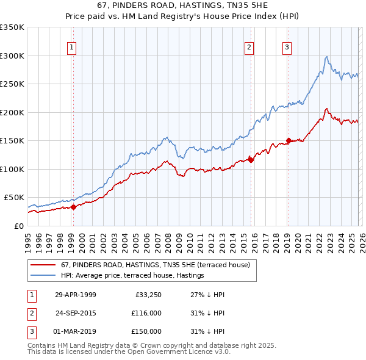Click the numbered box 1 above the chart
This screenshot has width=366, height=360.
[x=72, y=48]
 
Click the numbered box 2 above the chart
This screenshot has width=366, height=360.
[x=250, y=48]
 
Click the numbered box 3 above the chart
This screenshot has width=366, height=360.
[x=287, y=48]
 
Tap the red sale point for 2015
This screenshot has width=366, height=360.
[x=251, y=160]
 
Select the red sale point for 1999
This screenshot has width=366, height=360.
[x=73, y=207]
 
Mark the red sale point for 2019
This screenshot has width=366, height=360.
[x=288, y=141]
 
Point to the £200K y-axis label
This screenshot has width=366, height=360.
[x=12, y=112]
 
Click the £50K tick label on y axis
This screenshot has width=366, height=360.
[x=14, y=198]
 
